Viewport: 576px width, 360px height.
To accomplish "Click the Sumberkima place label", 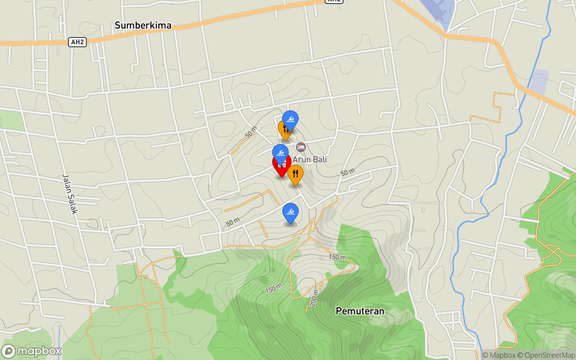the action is tap(143, 26).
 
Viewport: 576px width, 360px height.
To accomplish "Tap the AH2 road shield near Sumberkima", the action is tap(77, 42).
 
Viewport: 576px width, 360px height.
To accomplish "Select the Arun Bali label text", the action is tap(310, 159).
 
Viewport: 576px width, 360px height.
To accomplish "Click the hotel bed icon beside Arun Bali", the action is tap(301, 147).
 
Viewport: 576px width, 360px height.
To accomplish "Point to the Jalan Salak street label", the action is tap(70, 194).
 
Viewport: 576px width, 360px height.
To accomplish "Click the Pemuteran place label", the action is tap(360, 311).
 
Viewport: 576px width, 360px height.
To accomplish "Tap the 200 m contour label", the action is tap(314, 298).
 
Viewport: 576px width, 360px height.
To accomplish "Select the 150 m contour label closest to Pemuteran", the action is tap(337, 257).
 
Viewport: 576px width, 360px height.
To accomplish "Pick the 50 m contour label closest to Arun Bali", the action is tap(348, 172).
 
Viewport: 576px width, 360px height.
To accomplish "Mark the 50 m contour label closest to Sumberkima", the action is tap(251, 132).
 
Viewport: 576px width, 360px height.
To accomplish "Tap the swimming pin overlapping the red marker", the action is tap(280, 153).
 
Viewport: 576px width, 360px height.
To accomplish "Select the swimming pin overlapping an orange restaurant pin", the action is tap(290, 120).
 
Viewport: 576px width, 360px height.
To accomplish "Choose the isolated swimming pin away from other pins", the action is tap(290, 212).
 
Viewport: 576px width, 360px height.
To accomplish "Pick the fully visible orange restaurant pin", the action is tap(295, 174).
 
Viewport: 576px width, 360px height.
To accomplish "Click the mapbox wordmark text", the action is tap(39, 351).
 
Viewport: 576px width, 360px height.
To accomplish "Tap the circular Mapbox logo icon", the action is tap(8, 351).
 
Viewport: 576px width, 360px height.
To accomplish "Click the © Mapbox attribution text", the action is tap(499, 355).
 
